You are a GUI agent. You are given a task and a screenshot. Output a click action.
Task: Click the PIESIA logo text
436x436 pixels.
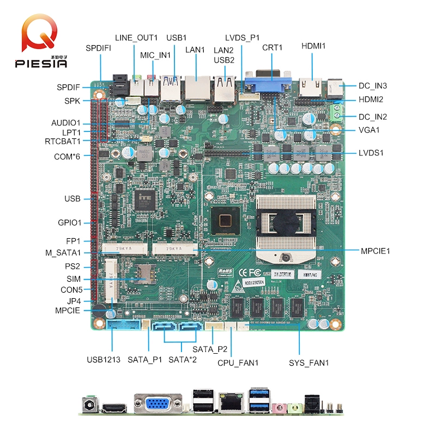coord(41,63)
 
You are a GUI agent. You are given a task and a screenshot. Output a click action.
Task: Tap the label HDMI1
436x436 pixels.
coord(313,46)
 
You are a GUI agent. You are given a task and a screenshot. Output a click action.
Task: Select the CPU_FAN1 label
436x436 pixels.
coord(238,362)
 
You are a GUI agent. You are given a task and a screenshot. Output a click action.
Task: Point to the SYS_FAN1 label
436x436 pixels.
coord(308,362)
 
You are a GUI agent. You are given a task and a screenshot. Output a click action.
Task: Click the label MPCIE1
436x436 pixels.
coord(375,251)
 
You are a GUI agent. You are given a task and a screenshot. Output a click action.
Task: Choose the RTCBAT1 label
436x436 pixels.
coord(63,142)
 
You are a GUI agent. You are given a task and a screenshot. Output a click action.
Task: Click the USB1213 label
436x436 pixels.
coord(104,360)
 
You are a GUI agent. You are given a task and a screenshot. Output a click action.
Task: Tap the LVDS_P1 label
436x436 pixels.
coord(243,38)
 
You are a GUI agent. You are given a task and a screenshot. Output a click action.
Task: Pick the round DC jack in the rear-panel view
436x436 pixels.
coord(87,405)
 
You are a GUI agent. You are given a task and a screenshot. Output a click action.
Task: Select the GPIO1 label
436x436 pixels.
coord(69,222)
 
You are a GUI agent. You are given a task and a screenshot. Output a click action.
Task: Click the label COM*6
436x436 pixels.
coord(68,157)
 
